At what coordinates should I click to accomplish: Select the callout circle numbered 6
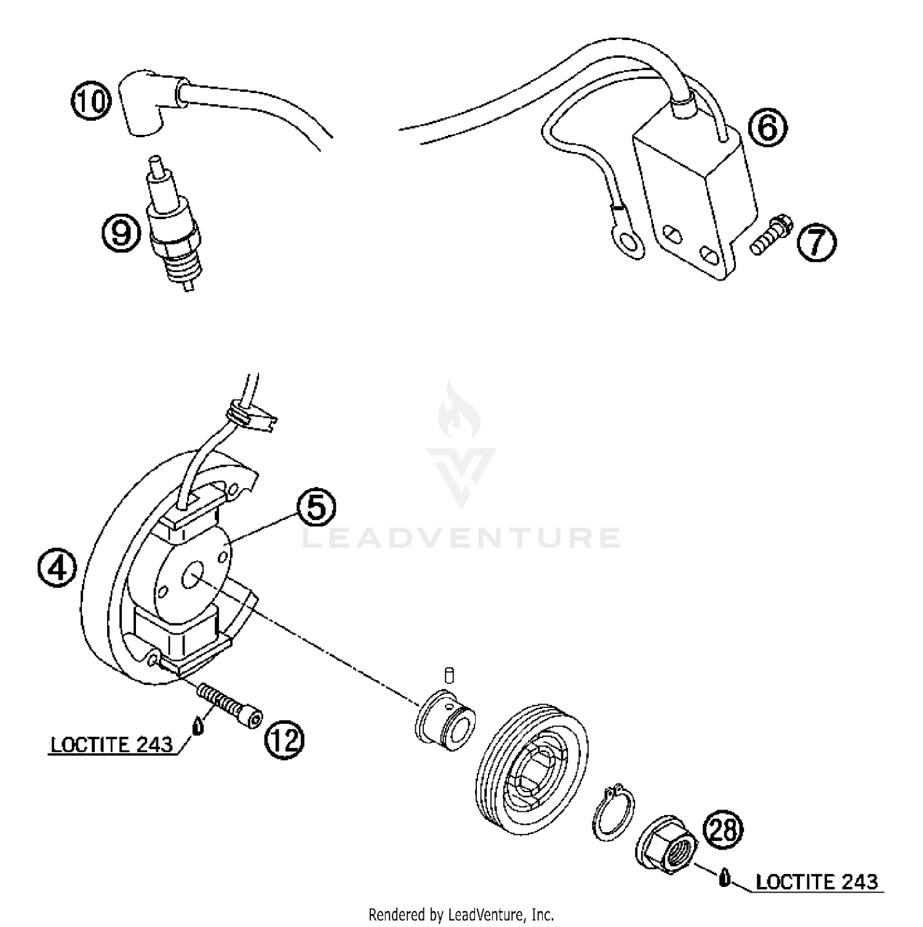768,128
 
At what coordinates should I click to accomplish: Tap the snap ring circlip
615,813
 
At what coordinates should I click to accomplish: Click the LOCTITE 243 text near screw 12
111,745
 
